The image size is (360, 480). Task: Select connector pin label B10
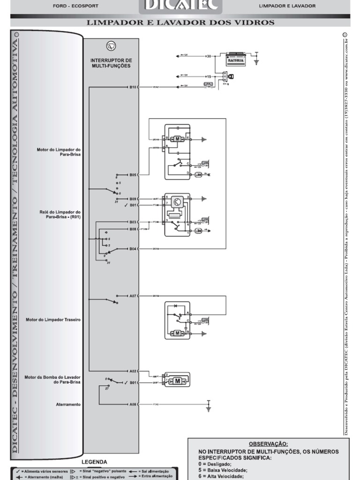tap(133, 87)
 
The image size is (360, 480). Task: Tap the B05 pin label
tap(133, 174)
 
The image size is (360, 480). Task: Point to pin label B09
tap(133, 199)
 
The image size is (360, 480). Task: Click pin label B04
tap(133, 249)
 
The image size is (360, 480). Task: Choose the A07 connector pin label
tap(133, 296)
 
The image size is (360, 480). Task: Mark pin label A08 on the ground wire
tap(133, 404)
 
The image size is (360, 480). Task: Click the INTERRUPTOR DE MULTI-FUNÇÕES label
tap(111, 63)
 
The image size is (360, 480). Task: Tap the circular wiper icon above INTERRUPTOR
tap(111, 46)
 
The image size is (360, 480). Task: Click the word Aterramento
tap(67, 404)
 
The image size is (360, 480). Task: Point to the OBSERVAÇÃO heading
tap(269, 443)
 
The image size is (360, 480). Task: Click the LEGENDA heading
tap(95, 462)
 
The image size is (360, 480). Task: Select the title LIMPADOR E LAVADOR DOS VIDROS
tap(180, 22)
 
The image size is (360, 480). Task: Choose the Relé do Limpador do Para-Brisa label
tap(60, 214)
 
